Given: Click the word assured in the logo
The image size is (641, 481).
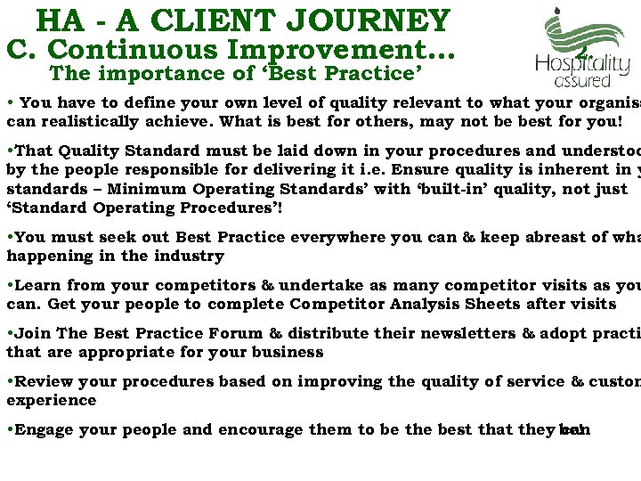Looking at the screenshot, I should coord(582,80).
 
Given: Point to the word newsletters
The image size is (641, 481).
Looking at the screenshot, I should coord(441,333).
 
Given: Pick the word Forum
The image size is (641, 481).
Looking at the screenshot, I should coord(235,333).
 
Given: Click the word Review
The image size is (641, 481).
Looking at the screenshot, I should coord(44,381).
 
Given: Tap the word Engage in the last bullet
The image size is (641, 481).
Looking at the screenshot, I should coord(44,429).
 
